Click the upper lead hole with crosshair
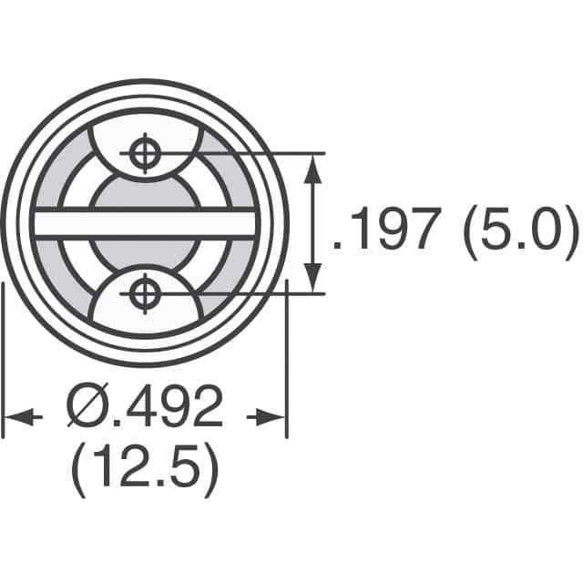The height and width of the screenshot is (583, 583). [x=144, y=152]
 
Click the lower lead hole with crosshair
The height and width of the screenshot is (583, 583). [x=144, y=292]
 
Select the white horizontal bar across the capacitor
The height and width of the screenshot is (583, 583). [x=144, y=223]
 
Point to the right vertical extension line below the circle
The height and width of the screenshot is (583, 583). [x=287, y=364]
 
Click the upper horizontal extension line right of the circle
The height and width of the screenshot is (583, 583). [x=273, y=152]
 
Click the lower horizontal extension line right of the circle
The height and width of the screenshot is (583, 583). [x=273, y=292]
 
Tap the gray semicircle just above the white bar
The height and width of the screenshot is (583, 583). [x=144, y=192]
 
